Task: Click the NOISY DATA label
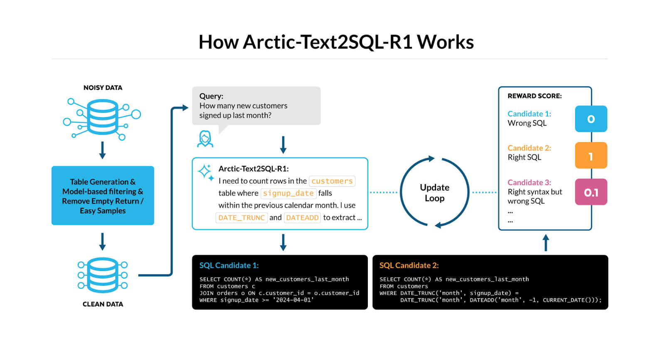(103, 88)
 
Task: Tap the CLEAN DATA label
(103, 304)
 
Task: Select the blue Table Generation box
(103, 196)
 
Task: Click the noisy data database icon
(102, 117)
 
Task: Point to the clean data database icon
(103, 275)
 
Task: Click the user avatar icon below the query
(205, 139)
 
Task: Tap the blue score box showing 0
(591, 119)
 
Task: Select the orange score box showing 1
(591, 155)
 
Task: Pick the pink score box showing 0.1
(591, 192)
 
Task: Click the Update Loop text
(434, 192)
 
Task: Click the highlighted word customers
(332, 181)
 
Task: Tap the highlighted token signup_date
(288, 193)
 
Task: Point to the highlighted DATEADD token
(302, 218)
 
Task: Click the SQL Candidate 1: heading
(229, 265)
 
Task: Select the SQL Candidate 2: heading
(409, 265)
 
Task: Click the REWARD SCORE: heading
(534, 96)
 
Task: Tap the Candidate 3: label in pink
(529, 182)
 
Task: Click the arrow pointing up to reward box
(546, 242)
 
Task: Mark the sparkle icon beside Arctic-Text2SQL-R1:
(206, 172)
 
